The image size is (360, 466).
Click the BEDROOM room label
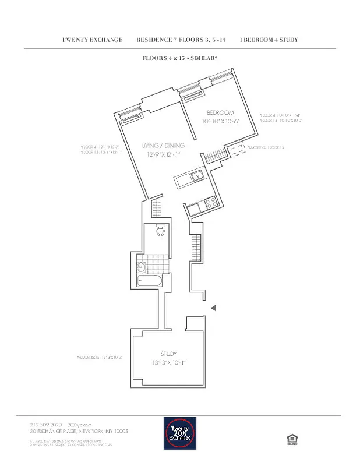click(220, 112)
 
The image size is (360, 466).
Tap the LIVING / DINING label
click(164, 145)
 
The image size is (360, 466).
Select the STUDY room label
click(168, 354)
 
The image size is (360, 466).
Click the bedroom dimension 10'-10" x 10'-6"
click(221, 121)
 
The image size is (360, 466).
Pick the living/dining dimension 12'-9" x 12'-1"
click(164, 154)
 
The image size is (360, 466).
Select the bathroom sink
click(142, 267)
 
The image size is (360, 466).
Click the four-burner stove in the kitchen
click(209, 204)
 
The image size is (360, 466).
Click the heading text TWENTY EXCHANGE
click(92, 40)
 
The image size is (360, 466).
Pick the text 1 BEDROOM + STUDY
click(269, 40)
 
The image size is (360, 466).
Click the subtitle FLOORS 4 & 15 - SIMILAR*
click(179, 58)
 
